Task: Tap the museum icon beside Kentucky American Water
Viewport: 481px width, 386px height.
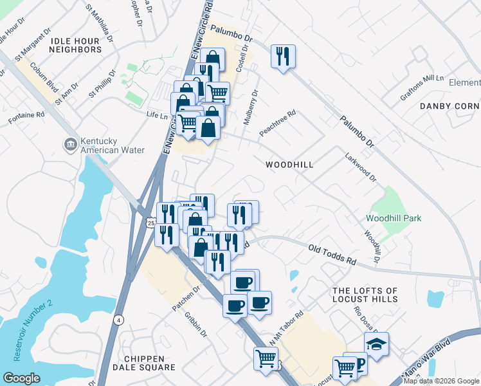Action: pos(69,145)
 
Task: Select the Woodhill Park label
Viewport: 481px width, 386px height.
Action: pos(394,218)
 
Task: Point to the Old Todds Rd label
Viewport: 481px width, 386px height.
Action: pos(332,255)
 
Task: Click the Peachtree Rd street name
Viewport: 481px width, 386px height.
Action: pos(277,122)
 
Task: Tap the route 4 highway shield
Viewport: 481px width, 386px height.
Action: pos(118,319)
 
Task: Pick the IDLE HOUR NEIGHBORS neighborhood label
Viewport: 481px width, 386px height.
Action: pos(75,45)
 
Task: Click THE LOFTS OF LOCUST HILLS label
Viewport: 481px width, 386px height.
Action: pos(365,295)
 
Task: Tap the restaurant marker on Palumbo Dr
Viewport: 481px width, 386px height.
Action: pos(283,57)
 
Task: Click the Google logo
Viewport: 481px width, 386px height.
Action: pos(21,378)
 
